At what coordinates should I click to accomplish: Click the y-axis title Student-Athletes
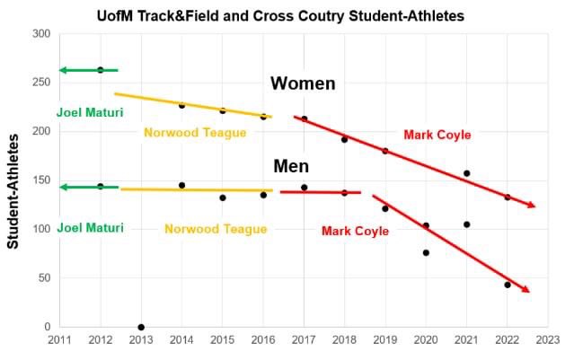tap(14, 191)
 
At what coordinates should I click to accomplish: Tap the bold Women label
tap(303, 83)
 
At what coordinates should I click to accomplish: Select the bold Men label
tap(291, 166)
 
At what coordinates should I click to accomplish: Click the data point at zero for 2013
tap(141, 327)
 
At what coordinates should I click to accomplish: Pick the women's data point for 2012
tap(101, 70)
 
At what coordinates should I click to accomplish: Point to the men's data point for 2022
tap(507, 285)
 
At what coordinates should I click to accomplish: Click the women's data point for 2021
tap(466, 173)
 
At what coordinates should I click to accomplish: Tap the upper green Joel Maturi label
tap(90, 112)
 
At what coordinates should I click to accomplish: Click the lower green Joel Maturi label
tap(90, 228)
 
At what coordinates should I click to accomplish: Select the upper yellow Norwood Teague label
tap(195, 132)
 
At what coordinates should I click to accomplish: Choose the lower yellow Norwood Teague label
tap(216, 229)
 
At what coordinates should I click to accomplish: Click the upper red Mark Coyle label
tap(437, 135)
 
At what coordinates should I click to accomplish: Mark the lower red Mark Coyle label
tap(355, 231)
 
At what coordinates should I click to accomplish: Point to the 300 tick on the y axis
tap(41, 34)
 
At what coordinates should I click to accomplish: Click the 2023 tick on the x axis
tap(547, 339)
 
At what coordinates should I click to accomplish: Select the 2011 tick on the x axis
tap(60, 339)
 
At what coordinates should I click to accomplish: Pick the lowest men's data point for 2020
tap(426, 253)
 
